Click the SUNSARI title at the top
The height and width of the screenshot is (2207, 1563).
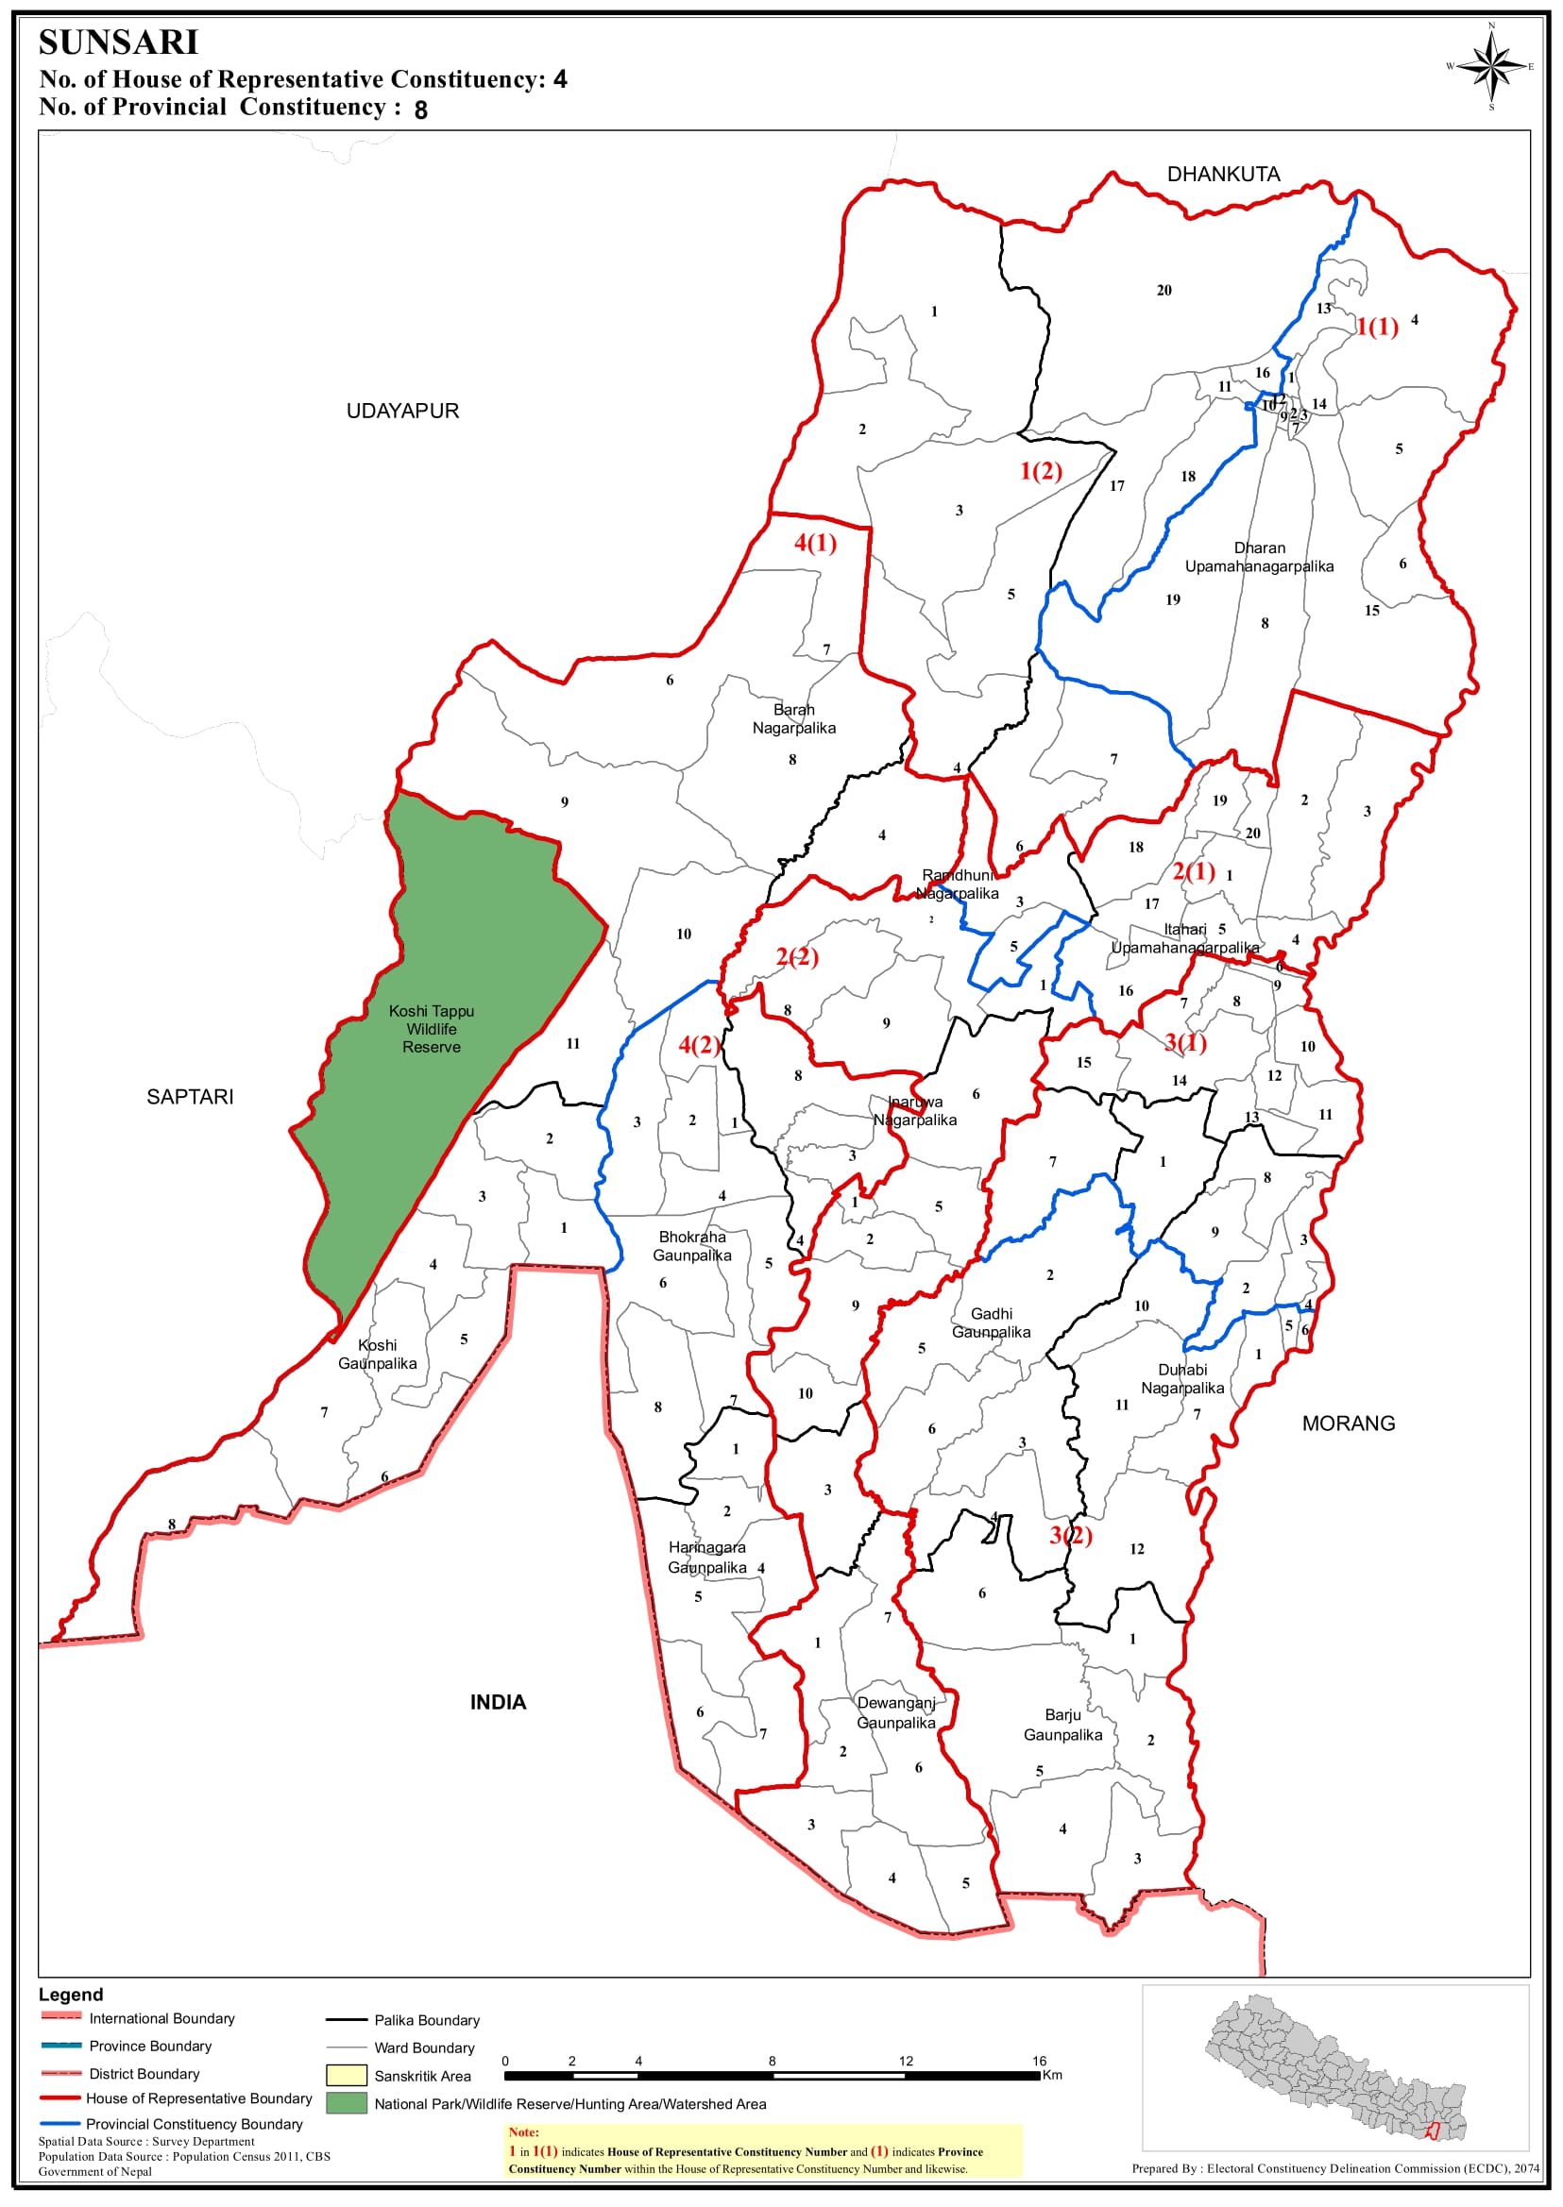point(118,42)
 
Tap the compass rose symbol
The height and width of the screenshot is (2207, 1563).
point(1491,66)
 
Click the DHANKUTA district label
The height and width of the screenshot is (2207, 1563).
point(1222,174)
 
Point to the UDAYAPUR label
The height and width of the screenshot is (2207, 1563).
point(402,411)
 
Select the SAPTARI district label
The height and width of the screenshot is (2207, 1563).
point(190,1097)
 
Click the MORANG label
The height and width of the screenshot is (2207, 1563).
point(1348,1423)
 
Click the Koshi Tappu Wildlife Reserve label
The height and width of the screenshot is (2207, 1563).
point(432,1029)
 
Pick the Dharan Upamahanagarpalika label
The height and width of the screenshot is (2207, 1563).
point(1259,557)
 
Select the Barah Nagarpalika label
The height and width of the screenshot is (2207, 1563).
point(794,718)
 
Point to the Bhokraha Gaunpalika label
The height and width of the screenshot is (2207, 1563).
point(692,1246)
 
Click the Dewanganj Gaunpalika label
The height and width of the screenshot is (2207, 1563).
point(896,1712)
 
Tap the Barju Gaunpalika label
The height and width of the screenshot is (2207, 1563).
point(1062,1725)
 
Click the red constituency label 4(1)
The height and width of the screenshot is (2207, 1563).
point(815,544)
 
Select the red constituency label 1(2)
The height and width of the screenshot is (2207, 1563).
point(1041,470)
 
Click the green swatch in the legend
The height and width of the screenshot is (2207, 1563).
point(347,2103)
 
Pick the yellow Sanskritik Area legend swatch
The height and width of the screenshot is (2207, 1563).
point(347,2075)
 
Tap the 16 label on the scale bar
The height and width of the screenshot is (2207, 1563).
point(1039,2061)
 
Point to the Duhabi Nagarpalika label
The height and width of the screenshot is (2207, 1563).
point(1181,1378)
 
